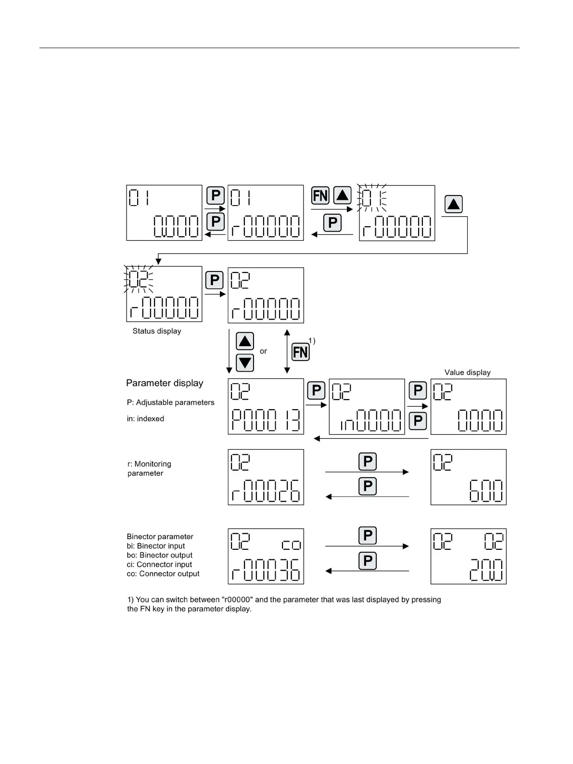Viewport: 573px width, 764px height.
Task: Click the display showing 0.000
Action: coord(164,213)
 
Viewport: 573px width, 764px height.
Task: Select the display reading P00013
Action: coord(266,407)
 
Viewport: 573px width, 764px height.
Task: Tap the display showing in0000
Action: coord(367,407)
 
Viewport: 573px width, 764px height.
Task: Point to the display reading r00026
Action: coord(266,477)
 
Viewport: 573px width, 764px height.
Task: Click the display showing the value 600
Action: coord(468,477)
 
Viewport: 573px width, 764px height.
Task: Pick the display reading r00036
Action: coord(266,557)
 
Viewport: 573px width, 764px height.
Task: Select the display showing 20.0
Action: coord(468,557)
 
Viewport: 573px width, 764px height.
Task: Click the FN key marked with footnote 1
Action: coord(301,352)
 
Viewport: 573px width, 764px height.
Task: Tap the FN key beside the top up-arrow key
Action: coord(320,196)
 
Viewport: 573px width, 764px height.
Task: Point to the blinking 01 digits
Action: coord(374,198)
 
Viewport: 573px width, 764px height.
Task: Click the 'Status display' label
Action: coord(157,331)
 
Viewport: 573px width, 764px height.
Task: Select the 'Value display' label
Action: coord(467,373)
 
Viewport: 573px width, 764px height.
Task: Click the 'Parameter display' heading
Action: coord(165,383)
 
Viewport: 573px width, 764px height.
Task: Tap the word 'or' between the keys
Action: coord(263,351)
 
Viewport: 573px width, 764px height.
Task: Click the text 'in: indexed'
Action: coord(145,419)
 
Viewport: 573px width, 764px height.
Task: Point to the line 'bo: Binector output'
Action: coord(160,555)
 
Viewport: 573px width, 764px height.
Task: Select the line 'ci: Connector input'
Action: coord(159,564)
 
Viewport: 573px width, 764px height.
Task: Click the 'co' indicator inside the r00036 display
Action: coord(291,545)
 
